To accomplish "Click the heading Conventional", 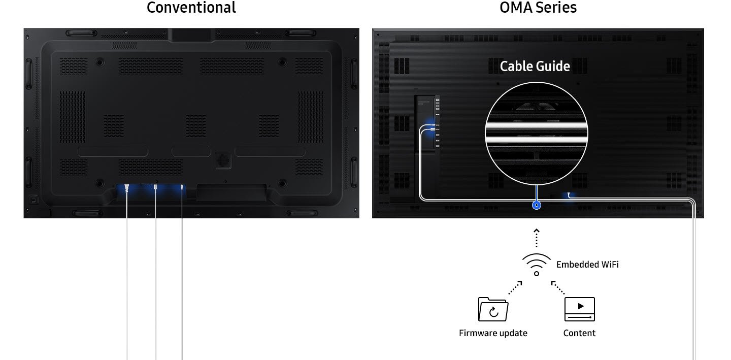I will pos(191,8).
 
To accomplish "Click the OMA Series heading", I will pos(538,8).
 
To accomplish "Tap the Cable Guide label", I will pos(535,67).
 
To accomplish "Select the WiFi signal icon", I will pos(536,264).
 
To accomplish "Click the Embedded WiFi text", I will pos(587,265).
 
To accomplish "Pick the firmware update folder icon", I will pos(493,309).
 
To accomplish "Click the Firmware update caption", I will pos(493,333).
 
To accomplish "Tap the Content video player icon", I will pos(579,309).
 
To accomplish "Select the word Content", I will pos(579,333).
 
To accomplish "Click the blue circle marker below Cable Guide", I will pos(536,205).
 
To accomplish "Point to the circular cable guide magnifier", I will pos(536,133).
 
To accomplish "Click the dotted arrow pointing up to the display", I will pos(537,238).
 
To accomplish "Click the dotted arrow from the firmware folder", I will pos(515,287).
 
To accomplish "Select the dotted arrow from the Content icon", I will pos(557,287).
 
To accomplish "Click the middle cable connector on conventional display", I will pos(155,188).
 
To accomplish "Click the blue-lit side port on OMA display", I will pos(431,127).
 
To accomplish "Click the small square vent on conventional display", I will pos(222,159).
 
